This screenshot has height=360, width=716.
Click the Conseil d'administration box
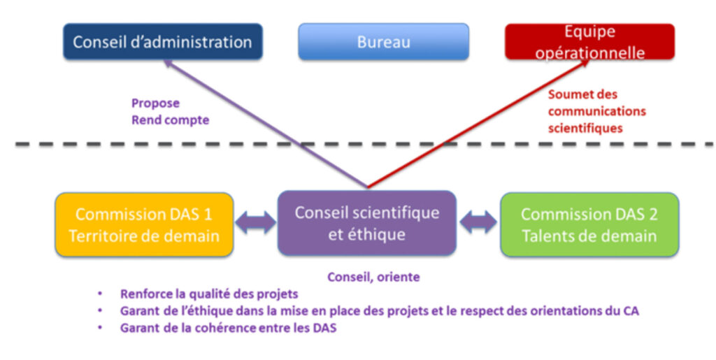point(162,42)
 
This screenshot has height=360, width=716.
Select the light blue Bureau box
point(383,42)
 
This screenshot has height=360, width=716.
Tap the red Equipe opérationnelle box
point(589,42)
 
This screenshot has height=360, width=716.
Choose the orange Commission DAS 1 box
point(143,224)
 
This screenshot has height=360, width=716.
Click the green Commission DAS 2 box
point(589,224)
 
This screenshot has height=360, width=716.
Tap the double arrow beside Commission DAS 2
point(478,224)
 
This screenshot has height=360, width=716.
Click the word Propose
point(155,103)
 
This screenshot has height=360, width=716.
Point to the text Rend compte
point(170,120)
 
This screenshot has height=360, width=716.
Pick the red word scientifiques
point(585,128)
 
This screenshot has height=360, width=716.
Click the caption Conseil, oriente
point(373,278)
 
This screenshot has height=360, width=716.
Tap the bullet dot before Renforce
point(102,294)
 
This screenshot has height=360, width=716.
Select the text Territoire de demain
point(143,236)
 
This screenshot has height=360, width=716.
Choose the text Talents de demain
point(589,236)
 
